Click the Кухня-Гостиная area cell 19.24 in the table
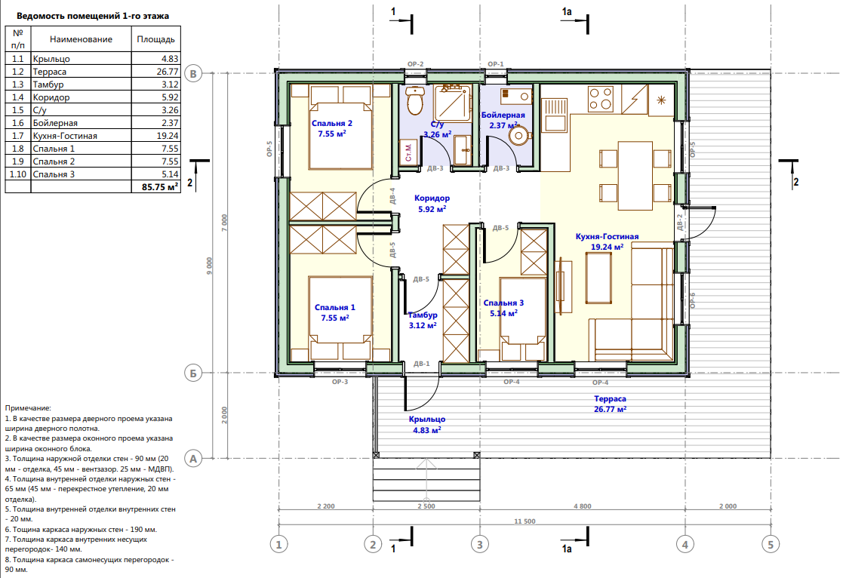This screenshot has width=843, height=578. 168,136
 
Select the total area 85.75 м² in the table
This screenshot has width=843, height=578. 160,187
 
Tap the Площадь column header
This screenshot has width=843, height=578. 156,39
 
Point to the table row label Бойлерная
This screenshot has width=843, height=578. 55,123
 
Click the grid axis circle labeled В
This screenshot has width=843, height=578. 193,74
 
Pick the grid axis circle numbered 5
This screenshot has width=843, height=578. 771,545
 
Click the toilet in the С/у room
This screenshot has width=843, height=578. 415,100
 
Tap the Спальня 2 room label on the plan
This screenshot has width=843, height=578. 332,123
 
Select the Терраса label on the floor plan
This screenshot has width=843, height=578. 611,399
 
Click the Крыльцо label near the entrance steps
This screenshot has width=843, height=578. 427,420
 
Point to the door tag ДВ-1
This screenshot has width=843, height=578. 421,364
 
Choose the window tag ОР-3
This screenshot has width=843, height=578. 340,382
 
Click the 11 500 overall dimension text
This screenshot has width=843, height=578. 525,521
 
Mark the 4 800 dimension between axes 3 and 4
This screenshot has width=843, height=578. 582,506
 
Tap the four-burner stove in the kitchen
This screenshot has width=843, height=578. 601,100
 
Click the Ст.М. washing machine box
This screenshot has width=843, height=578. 408,152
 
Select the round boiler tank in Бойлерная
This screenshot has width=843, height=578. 518,136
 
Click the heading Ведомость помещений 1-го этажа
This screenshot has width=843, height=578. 93,16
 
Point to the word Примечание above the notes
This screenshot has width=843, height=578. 28,409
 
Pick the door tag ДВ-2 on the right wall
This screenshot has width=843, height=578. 679,223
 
